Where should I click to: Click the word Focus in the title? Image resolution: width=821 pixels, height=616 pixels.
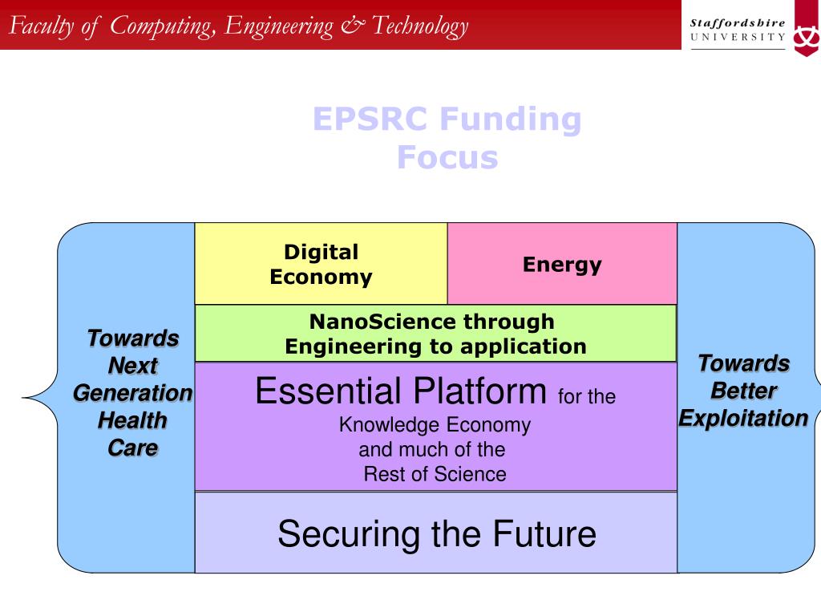click(447, 158)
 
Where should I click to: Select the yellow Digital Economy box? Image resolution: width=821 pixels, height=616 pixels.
click(321, 264)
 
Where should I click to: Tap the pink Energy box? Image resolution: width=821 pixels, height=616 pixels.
click(561, 264)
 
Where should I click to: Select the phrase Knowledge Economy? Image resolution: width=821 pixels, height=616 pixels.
click(435, 424)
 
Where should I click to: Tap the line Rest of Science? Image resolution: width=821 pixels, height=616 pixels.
click(435, 474)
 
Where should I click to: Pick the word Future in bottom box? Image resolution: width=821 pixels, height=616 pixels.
click(544, 533)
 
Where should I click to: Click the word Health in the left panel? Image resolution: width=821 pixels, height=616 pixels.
click(132, 420)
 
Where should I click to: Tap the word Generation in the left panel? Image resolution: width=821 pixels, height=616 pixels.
click(132, 393)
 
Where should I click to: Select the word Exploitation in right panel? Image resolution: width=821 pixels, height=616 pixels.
click(743, 418)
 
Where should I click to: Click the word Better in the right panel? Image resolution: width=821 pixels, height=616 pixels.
click(743, 391)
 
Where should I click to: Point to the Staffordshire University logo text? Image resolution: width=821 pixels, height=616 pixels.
click(738, 30)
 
